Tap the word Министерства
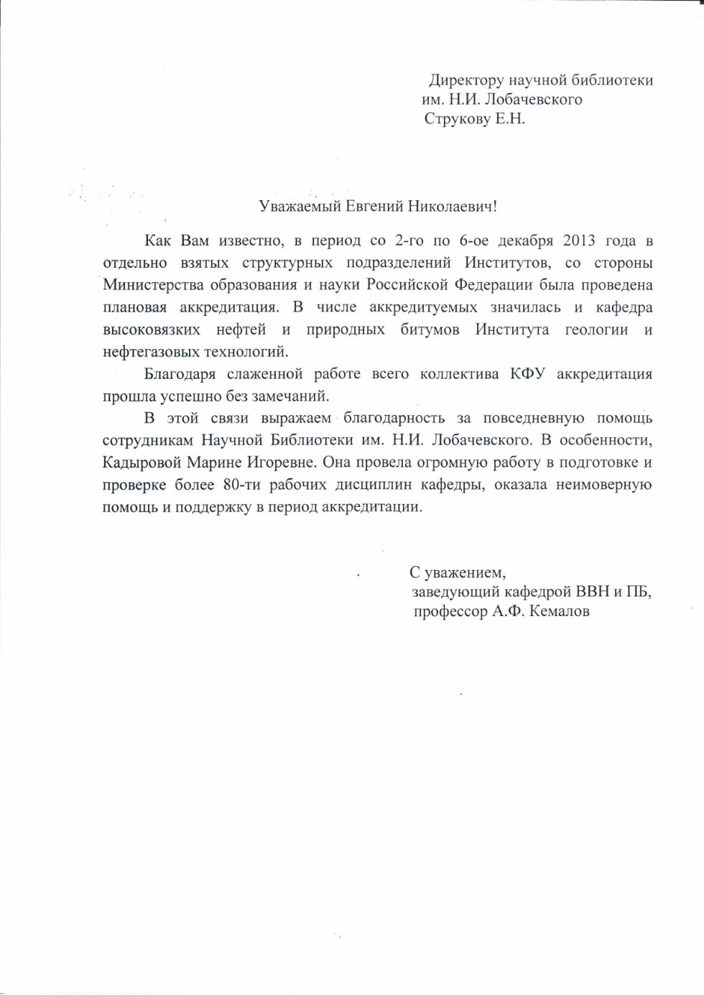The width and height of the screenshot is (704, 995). click(149, 284)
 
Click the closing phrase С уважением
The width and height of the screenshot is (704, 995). click(458, 573)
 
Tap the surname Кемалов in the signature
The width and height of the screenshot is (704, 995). click(560, 612)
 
